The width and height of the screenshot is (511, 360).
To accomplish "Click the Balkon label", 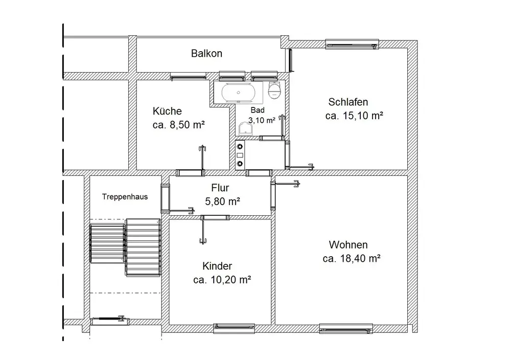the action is point(206,54).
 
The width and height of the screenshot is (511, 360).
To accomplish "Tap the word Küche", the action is point(167,111).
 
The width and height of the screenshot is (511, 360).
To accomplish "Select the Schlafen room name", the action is point(348,102).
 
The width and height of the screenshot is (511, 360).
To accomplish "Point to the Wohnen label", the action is point(348,244).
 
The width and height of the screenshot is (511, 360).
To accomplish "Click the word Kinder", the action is point(217,266).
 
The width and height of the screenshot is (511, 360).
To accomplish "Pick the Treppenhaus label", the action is point(125,197).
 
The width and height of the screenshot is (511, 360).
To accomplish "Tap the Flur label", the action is point(220,188).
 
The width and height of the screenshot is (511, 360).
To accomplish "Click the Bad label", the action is point(258,110).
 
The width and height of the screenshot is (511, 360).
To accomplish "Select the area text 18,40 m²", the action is point(360,259).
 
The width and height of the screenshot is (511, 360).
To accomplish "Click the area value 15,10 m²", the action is point(363,116).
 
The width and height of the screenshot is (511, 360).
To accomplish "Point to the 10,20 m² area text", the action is point(231,280).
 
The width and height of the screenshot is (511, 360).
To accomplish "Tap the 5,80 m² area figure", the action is point(223,201).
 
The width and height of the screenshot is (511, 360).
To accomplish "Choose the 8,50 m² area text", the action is point(187,125).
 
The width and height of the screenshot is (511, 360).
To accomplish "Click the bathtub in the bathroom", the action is point(238,93).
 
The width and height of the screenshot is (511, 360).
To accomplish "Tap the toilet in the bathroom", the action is point(274,89).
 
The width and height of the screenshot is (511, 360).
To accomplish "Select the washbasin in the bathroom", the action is point(245,129).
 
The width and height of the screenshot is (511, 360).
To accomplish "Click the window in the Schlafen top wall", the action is point(352,44).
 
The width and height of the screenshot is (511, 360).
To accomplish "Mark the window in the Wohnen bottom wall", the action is point(346,329).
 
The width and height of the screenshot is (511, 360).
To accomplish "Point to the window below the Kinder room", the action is point(234,328).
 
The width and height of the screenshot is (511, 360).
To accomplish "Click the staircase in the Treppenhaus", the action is point(126,247).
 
